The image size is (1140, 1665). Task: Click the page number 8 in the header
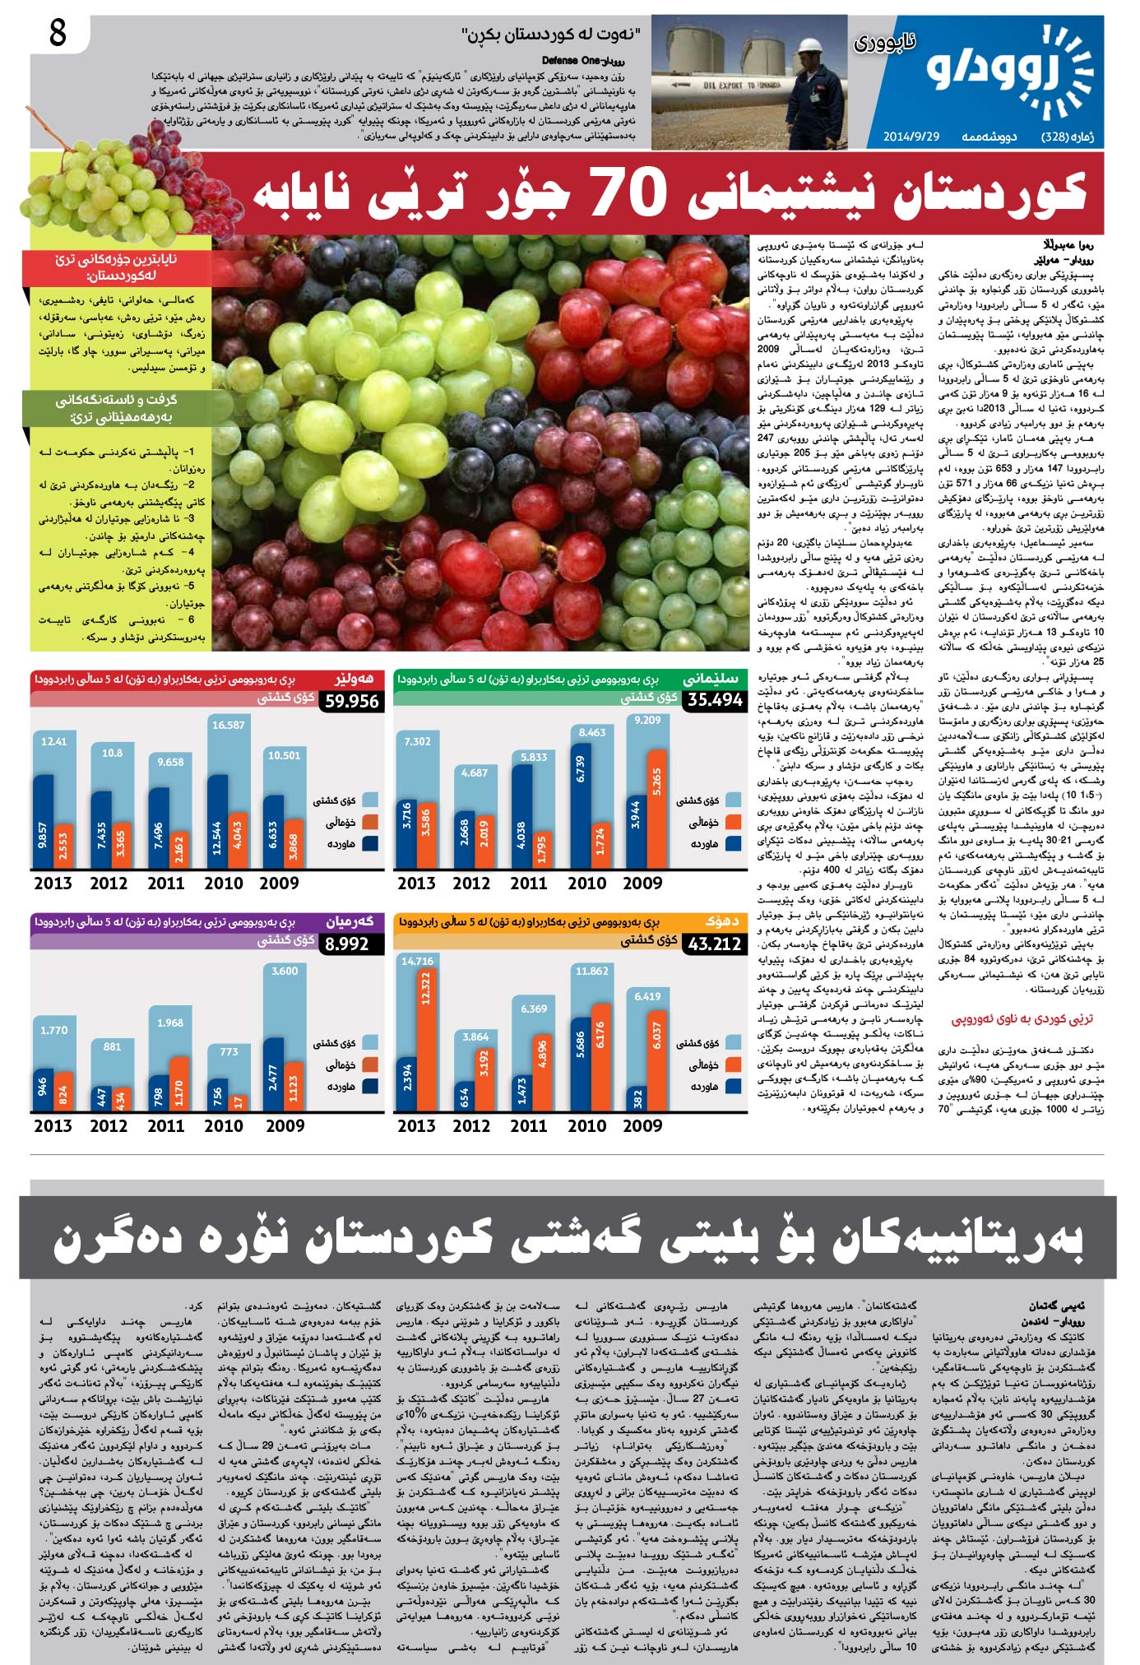[58, 34]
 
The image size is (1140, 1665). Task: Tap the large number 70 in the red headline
[628, 192]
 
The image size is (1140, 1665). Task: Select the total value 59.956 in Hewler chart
[351, 702]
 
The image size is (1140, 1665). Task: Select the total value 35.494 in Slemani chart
[715, 700]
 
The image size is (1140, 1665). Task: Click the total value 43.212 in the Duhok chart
[714, 944]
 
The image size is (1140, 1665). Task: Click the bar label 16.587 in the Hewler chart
[228, 725]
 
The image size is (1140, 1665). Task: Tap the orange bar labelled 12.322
[426, 1037]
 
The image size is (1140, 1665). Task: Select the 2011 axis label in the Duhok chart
[528, 1125]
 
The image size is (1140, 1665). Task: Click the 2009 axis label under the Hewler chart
[279, 883]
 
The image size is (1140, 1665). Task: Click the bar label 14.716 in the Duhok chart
[417, 961]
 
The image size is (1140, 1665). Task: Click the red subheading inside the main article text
[1022, 1019]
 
